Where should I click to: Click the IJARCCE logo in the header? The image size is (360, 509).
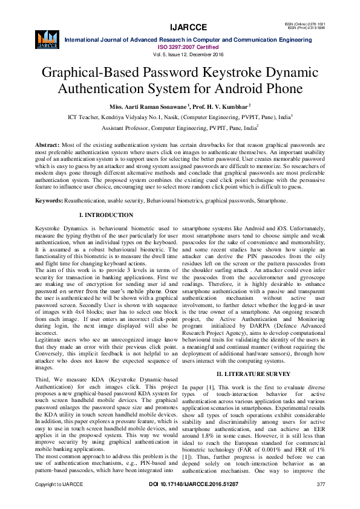47,38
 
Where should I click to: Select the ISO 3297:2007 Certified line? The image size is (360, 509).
188,46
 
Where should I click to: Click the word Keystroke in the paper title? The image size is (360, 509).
224,73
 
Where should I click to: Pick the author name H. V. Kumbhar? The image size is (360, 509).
229,106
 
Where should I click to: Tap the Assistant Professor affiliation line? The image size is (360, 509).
179,128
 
